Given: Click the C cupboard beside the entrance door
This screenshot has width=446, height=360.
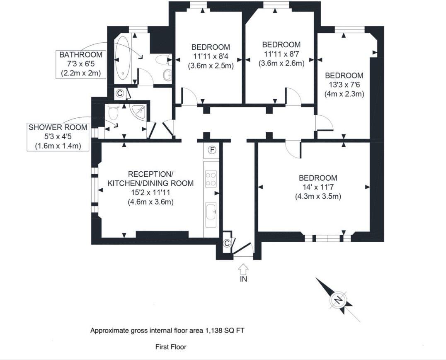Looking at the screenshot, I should (227, 243).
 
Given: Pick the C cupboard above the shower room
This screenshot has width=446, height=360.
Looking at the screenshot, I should (119, 93).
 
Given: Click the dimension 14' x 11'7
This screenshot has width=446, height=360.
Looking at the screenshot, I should (318, 187).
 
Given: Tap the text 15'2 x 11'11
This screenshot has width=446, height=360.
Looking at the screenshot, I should (150, 192).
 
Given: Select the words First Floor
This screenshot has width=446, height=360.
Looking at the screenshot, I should (171, 347).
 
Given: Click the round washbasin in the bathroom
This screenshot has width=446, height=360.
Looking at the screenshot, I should (167, 75).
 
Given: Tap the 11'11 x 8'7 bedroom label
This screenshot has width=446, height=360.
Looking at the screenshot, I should (281, 54).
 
